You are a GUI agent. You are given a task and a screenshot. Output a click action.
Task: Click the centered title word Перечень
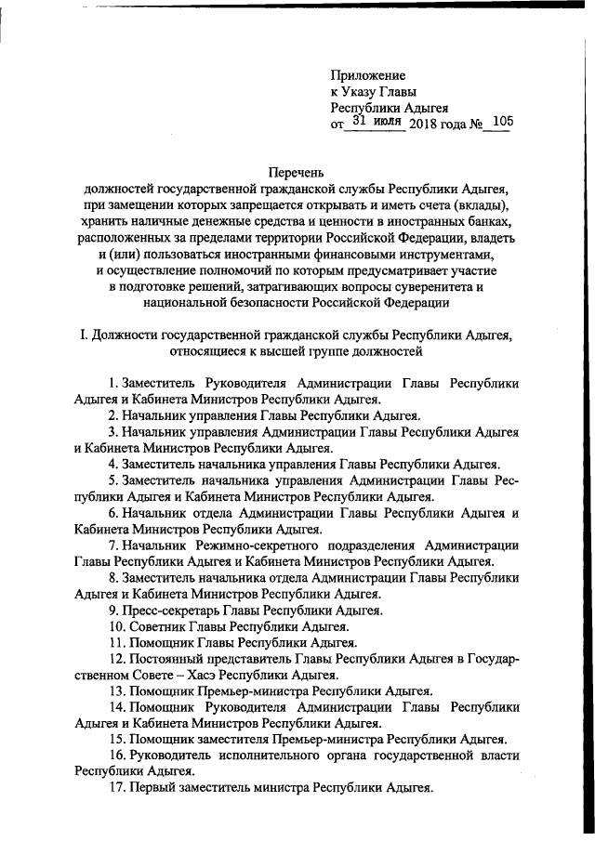[297, 172]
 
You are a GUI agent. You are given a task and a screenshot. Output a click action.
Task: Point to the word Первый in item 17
[149, 789]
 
